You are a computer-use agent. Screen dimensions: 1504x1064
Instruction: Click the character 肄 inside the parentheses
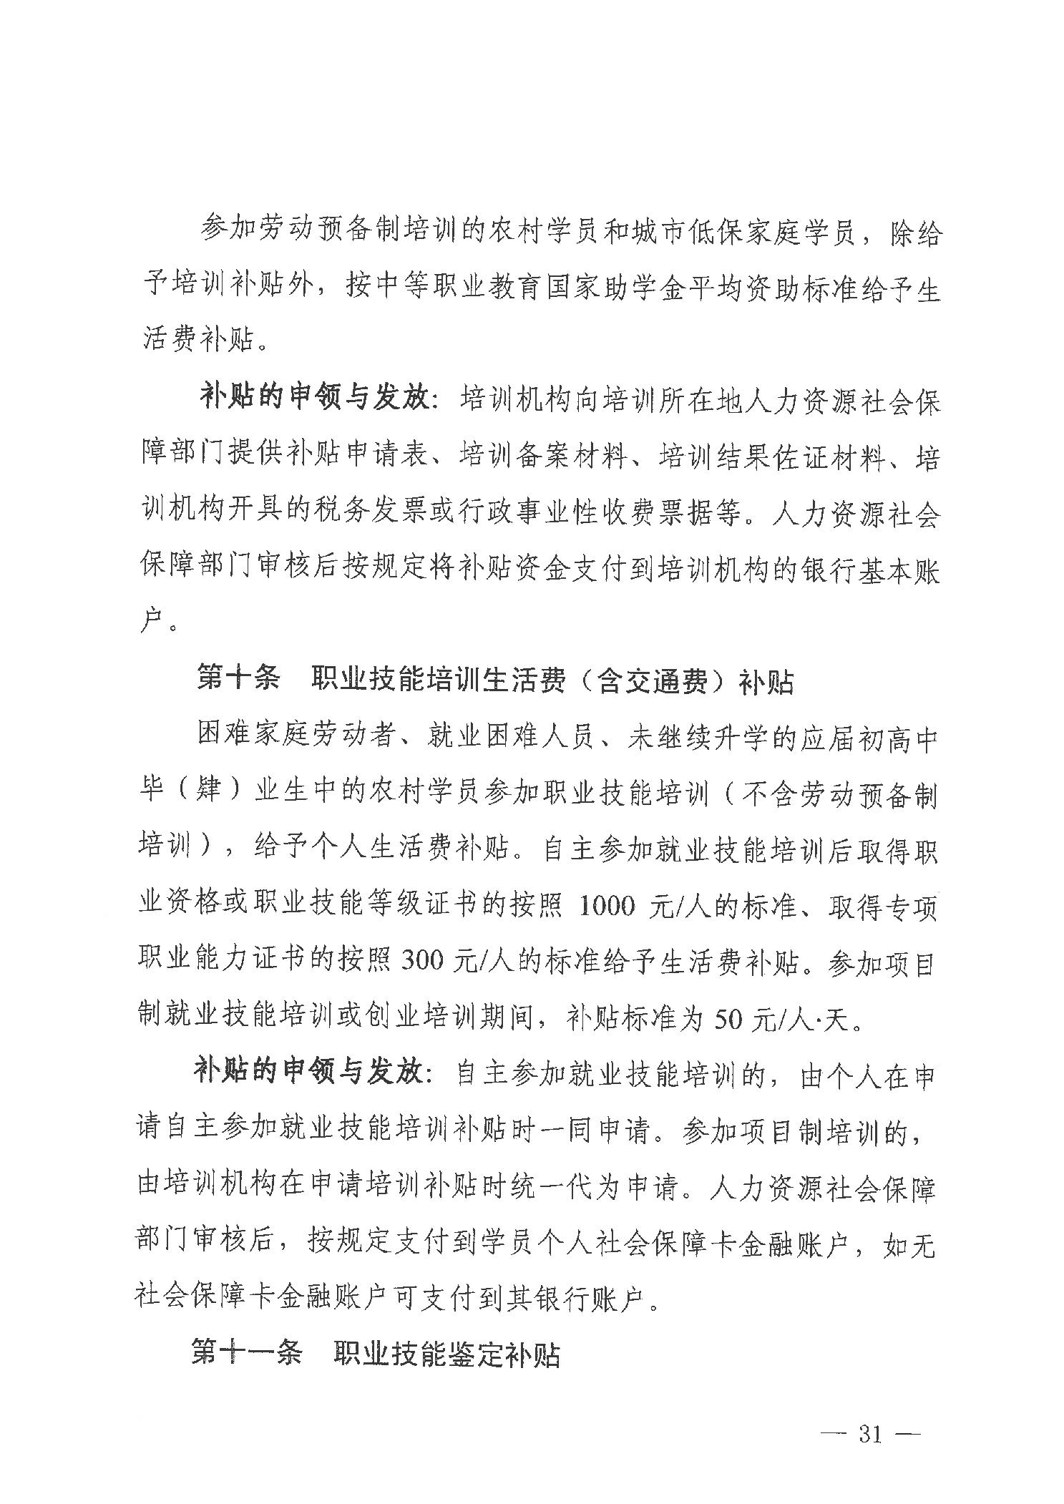point(195,794)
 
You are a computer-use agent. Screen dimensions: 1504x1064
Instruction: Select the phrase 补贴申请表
point(363,456)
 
